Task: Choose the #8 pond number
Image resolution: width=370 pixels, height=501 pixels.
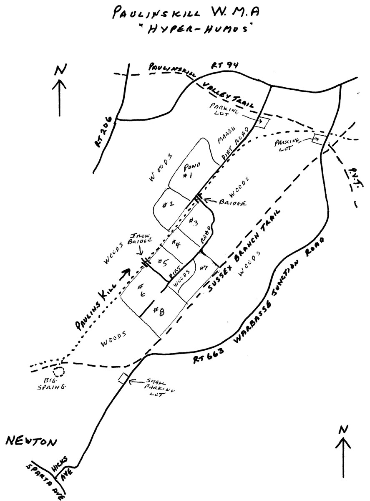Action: pyautogui.click(x=159, y=311)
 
